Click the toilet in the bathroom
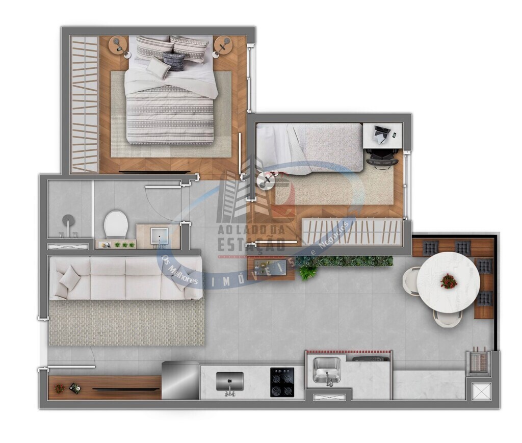tap(116, 224)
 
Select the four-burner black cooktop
tap(281, 382)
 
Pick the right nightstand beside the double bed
tap(223, 45)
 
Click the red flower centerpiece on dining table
tap(449, 281)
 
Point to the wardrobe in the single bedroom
tap(352, 231)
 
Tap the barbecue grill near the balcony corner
tap(478, 362)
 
